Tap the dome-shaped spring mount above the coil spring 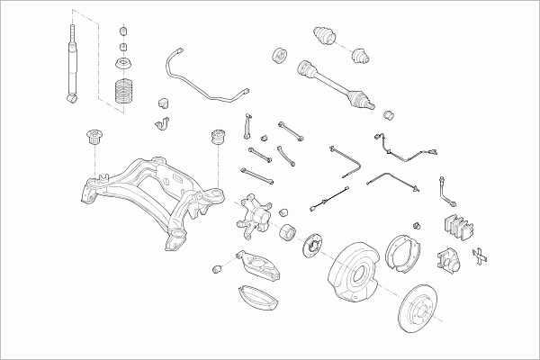pos(121,65)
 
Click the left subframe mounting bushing pos(91,138)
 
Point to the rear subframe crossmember pos(148,193)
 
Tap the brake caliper pos(448,261)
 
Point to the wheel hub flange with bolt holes pos(314,243)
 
